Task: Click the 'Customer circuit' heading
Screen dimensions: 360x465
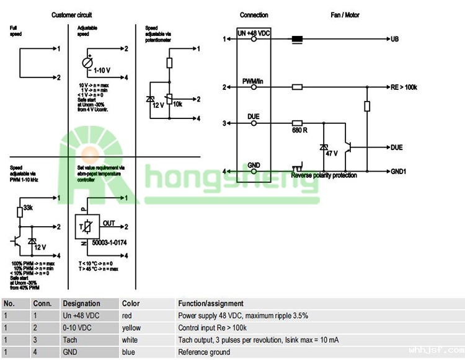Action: tap(72, 15)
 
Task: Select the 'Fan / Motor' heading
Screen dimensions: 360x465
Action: tap(344, 15)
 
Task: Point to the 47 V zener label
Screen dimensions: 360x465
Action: tap(332, 152)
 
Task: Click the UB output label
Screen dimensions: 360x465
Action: tap(395, 39)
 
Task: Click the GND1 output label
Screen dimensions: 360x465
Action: tap(399, 171)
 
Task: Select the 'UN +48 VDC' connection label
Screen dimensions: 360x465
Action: tap(254, 32)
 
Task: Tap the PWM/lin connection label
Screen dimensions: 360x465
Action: tap(254, 82)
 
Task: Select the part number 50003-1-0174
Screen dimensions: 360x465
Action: tap(109, 242)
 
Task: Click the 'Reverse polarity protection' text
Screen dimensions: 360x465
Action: tap(324, 175)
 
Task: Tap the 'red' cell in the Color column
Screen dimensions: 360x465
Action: tap(127, 315)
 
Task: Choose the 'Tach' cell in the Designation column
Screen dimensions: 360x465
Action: tap(69, 340)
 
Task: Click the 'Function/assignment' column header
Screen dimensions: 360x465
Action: tap(211, 304)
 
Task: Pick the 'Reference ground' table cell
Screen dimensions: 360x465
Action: tap(204, 352)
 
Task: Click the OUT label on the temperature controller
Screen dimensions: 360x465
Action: tap(108, 222)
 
